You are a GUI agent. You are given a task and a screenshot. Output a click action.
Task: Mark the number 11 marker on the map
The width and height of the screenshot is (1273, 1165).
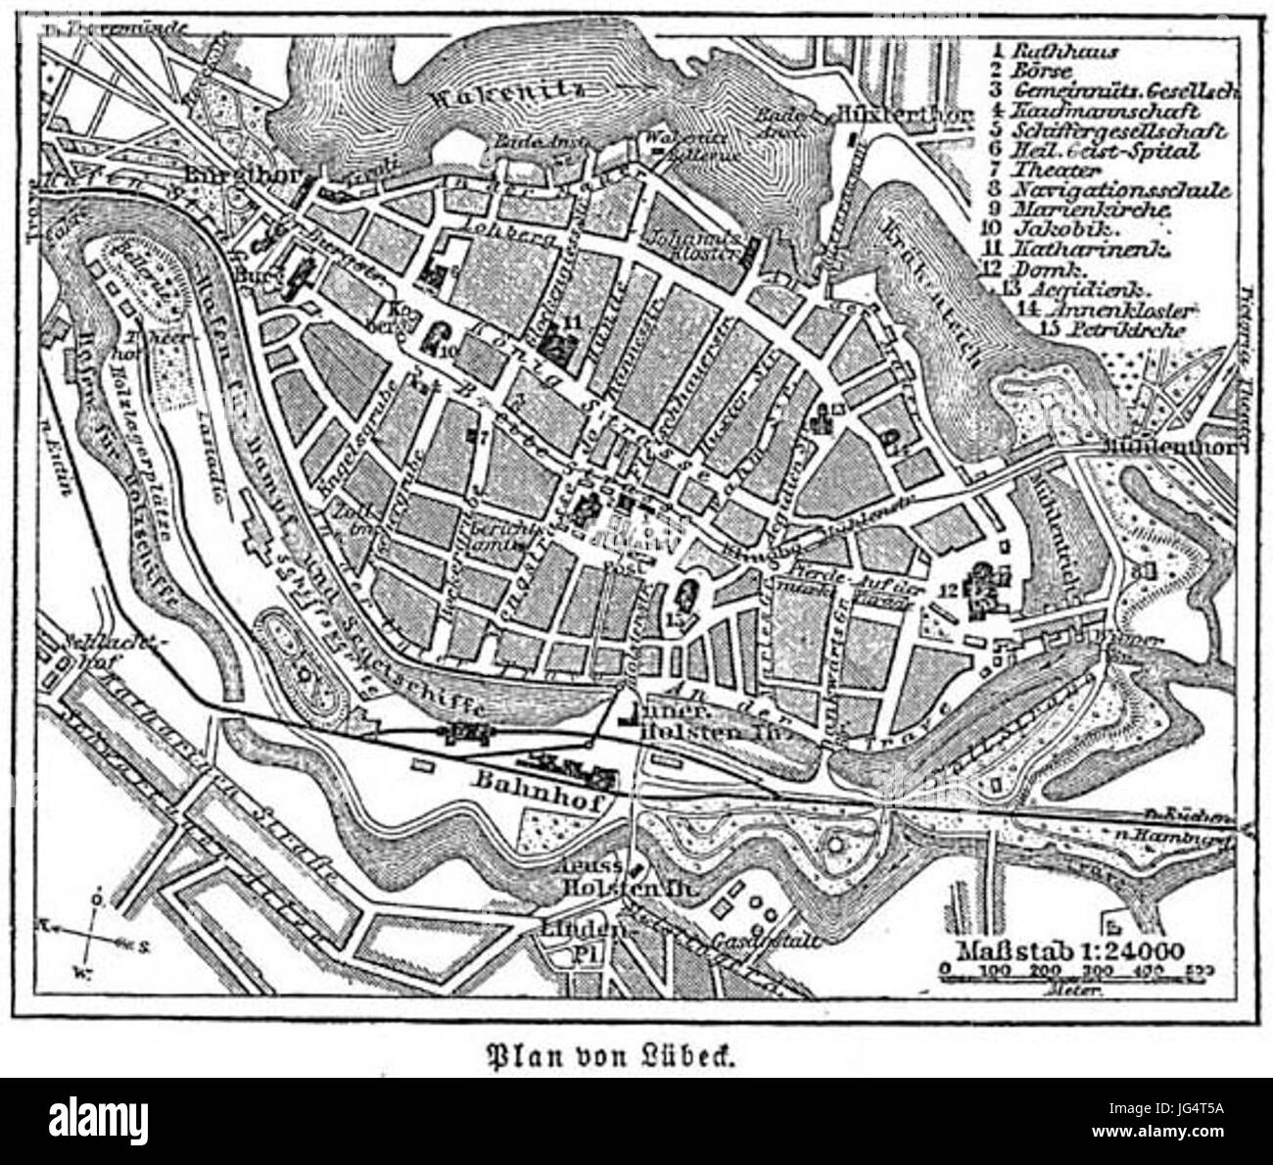click(574, 320)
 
